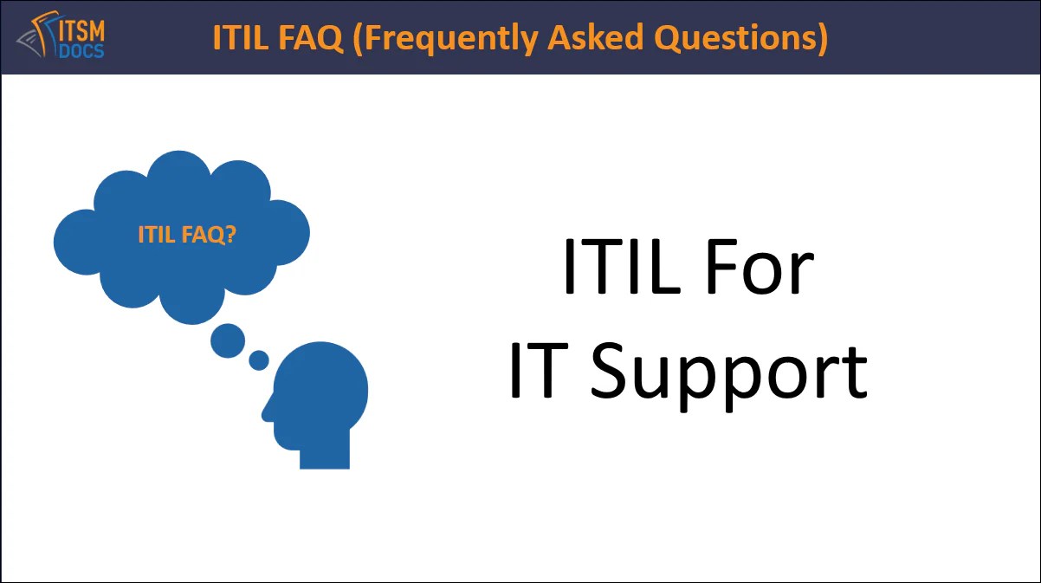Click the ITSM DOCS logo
tap(61, 37)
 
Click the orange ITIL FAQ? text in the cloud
tap(186, 235)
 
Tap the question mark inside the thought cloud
tap(230, 234)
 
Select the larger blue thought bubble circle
tap(228, 340)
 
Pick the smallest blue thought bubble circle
tap(259, 360)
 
